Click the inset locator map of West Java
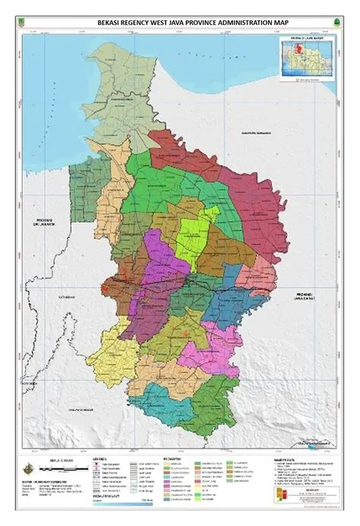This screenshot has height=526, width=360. click(x=307, y=58)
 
